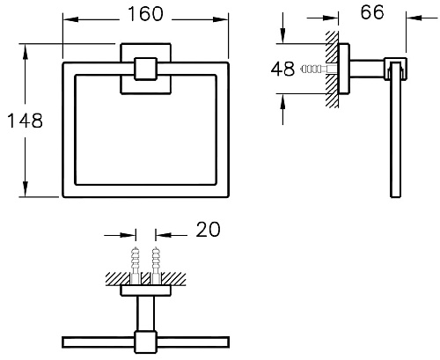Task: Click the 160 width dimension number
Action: click(x=145, y=14)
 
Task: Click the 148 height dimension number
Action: click(x=25, y=121)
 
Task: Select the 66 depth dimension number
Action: click(x=372, y=12)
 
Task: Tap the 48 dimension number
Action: click(x=282, y=69)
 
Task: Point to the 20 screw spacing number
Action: click(x=208, y=230)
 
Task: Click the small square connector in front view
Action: click(x=145, y=69)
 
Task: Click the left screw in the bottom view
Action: click(x=136, y=265)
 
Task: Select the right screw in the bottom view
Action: click(x=156, y=265)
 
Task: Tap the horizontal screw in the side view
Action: click(x=319, y=70)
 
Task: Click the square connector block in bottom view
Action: click(x=145, y=342)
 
